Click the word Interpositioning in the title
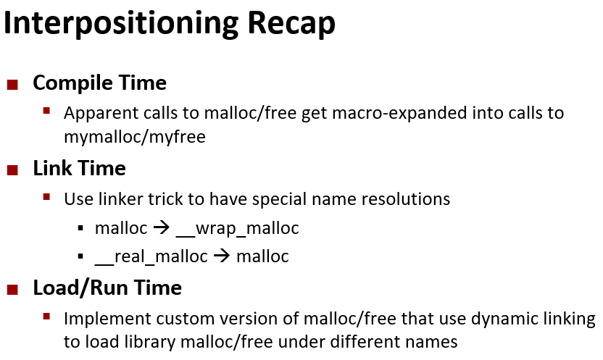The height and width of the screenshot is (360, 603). [x=121, y=24]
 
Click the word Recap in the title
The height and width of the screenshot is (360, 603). [x=291, y=24]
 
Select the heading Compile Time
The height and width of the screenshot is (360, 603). [x=99, y=83]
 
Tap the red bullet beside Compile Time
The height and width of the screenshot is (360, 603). [x=13, y=85]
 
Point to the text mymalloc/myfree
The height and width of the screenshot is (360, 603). [x=135, y=137]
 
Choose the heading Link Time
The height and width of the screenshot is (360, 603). [x=79, y=169]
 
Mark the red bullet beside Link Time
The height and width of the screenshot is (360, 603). [x=13, y=169]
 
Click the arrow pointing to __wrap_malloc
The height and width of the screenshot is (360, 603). [x=162, y=228]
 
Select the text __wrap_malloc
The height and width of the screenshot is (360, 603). [x=237, y=229]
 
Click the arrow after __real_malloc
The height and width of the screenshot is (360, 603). [x=222, y=256]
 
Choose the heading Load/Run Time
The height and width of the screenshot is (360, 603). [x=107, y=288]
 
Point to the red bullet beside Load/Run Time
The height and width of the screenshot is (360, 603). [x=13, y=289]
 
